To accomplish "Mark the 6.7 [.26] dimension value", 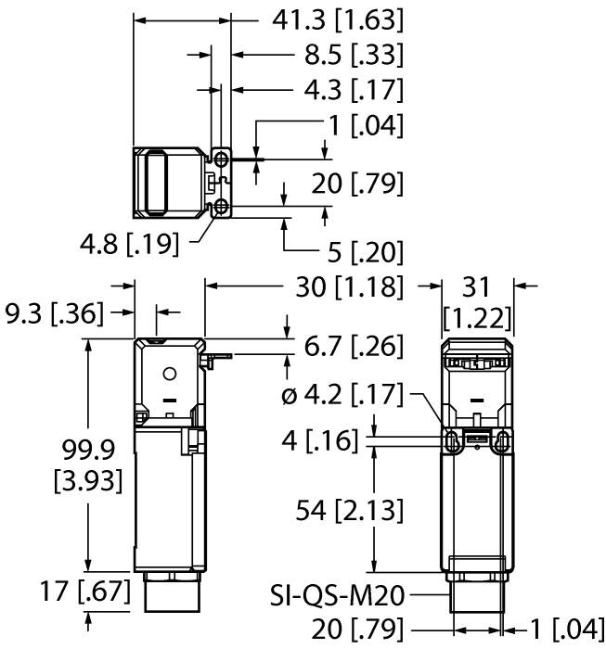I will [354, 346].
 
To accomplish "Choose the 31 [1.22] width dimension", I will [476, 302].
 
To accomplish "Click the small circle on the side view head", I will [169, 374].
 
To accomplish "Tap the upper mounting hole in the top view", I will [222, 156].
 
